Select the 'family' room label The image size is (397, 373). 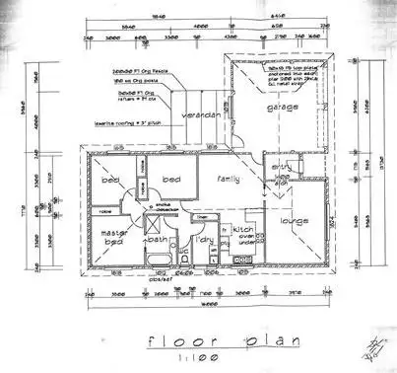[230, 180]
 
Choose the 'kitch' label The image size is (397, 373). [242, 228]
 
